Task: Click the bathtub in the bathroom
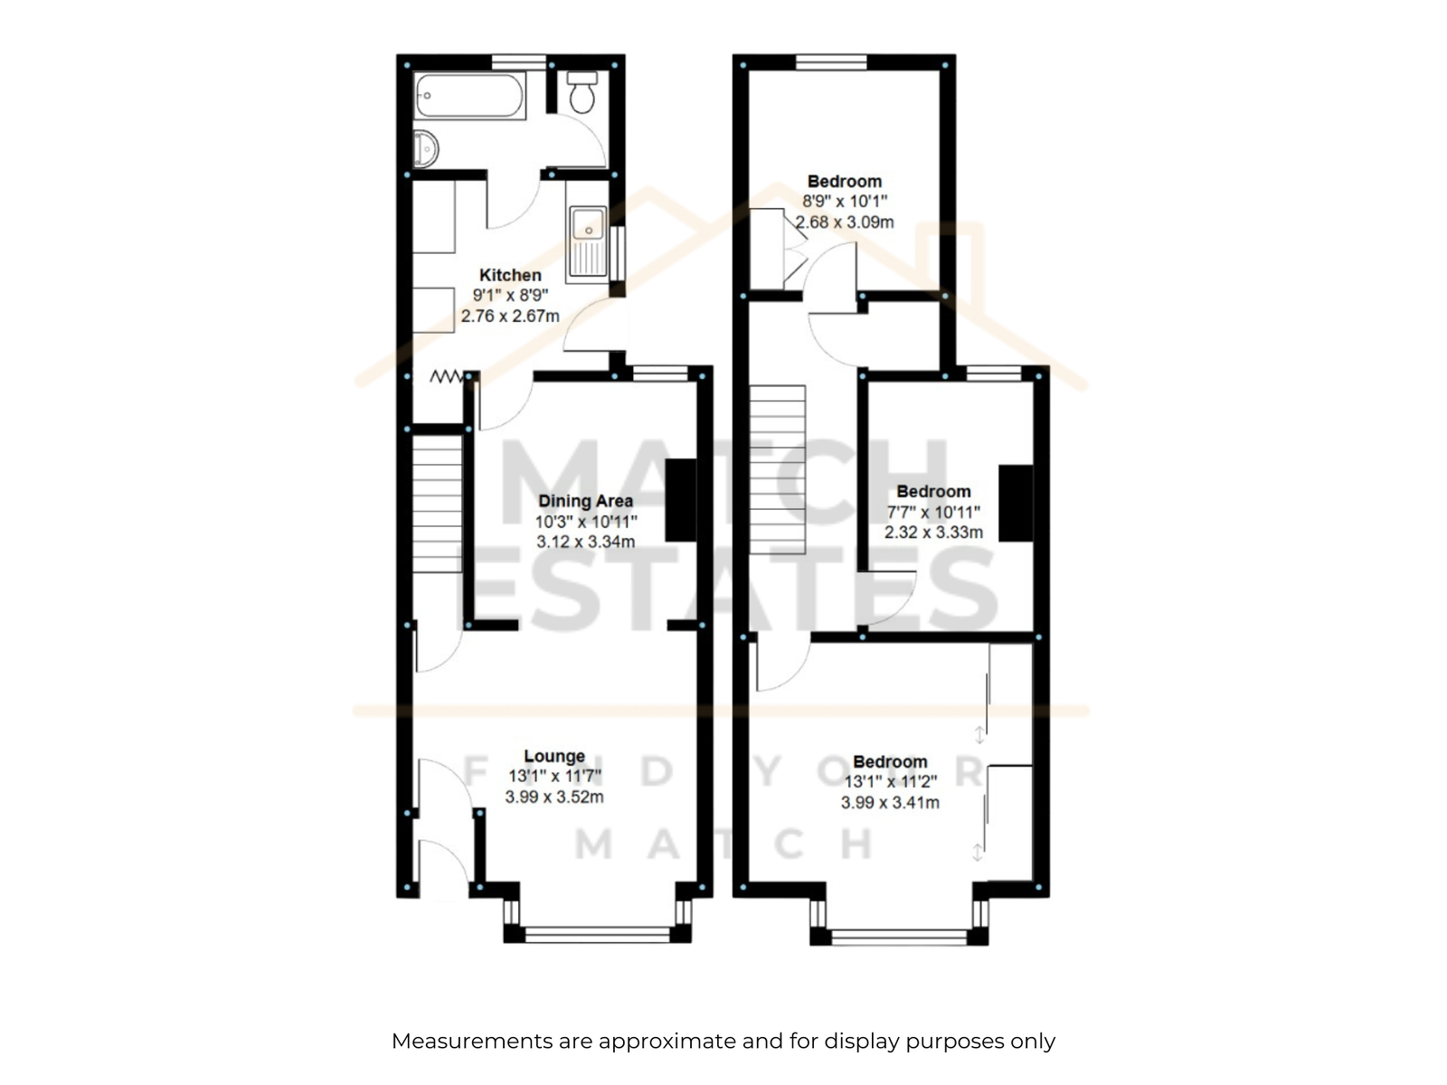coord(469,96)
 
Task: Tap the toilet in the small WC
coord(582,92)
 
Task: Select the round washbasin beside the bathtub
coord(425,149)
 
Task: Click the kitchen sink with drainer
coord(588,241)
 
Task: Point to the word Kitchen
coord(510,275)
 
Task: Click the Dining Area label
coord(585,501)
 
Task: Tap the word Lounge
coord(554,756)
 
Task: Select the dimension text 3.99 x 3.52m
coord(554,797)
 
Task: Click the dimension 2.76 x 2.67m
coord(510,316)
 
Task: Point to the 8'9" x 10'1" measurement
coord(845,202)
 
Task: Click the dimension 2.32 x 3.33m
coord(933,533)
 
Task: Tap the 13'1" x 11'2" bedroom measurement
coord(891,782)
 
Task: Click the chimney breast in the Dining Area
coord(681,500)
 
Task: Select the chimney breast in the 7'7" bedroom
coord(1016,504)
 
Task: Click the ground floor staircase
coord(437,504)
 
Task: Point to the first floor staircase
coord(777,469)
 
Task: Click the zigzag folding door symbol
coord(446,377)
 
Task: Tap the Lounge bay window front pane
coord(597,935)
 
